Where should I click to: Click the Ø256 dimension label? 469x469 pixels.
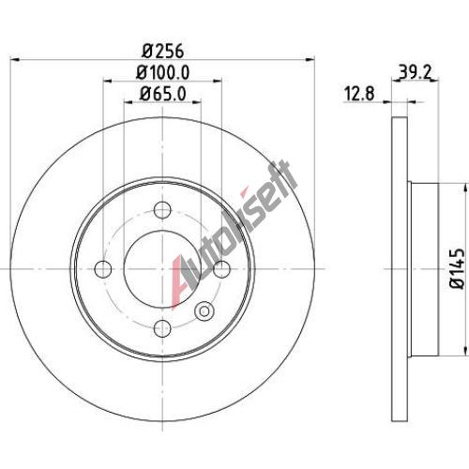(x=162, y=51)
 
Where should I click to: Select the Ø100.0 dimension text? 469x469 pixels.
(x=162, y=72)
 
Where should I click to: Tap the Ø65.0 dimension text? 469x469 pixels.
(x=162, y=93)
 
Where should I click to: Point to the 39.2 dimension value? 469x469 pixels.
(x=416, y=73)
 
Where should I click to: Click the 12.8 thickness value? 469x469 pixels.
(x=359, y=94)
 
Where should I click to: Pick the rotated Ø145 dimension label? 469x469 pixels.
(x=457, y=268)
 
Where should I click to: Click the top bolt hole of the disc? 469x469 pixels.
(x=163, y=209)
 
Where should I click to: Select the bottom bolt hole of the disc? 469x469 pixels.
(x=163, y=328)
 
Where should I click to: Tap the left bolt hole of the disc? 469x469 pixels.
(x=103, y=269)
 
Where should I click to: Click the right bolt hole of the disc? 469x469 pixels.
(x=221, y=269)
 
